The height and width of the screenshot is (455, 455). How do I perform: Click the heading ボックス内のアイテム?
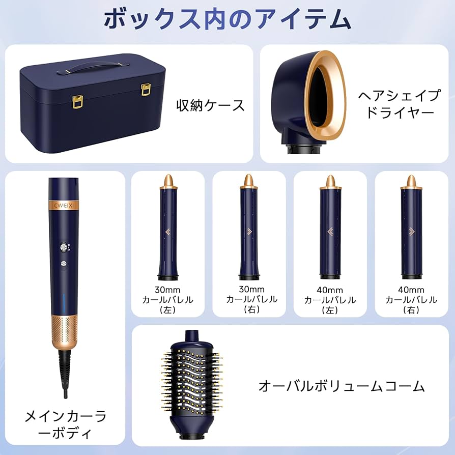point(227,19)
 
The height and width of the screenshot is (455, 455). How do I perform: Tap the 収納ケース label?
point(210,105)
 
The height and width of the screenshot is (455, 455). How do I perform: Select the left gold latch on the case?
point(77,101)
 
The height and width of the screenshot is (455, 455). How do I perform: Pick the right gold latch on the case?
point(146,91)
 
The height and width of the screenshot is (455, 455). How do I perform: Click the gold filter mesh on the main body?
point(64,331)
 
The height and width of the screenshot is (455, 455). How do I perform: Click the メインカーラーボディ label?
point(66,425)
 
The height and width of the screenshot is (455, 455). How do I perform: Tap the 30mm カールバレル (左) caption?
point(167,300)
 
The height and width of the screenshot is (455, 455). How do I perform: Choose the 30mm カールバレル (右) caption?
point(249,300)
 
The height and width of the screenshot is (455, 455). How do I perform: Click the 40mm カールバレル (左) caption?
point(330,300)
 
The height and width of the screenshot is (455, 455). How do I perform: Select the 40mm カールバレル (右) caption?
point(411,300)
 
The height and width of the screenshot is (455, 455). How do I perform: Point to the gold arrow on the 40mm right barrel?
point(411,231)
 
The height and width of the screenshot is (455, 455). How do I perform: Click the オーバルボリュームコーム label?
point(342,386)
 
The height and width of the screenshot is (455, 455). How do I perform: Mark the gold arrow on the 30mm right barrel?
point(249,231)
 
